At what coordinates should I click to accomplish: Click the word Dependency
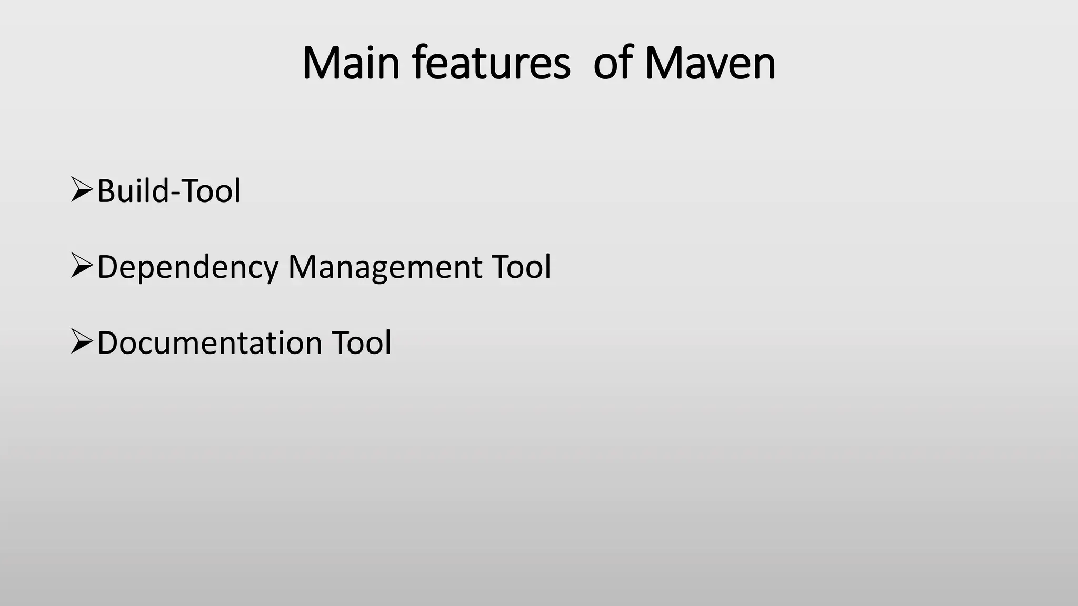tap(187, 267)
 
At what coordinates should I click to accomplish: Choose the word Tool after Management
tap(521, 266)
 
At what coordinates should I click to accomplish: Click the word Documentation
tap(209, 342)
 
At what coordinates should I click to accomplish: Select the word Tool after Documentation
tap(362, 342)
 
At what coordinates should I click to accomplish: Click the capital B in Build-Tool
tap(106, 190)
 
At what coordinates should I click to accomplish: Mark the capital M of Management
tap(304, 266)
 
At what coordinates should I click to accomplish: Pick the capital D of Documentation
tap(108, 342)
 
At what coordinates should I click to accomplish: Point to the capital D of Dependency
tap(108, 266)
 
